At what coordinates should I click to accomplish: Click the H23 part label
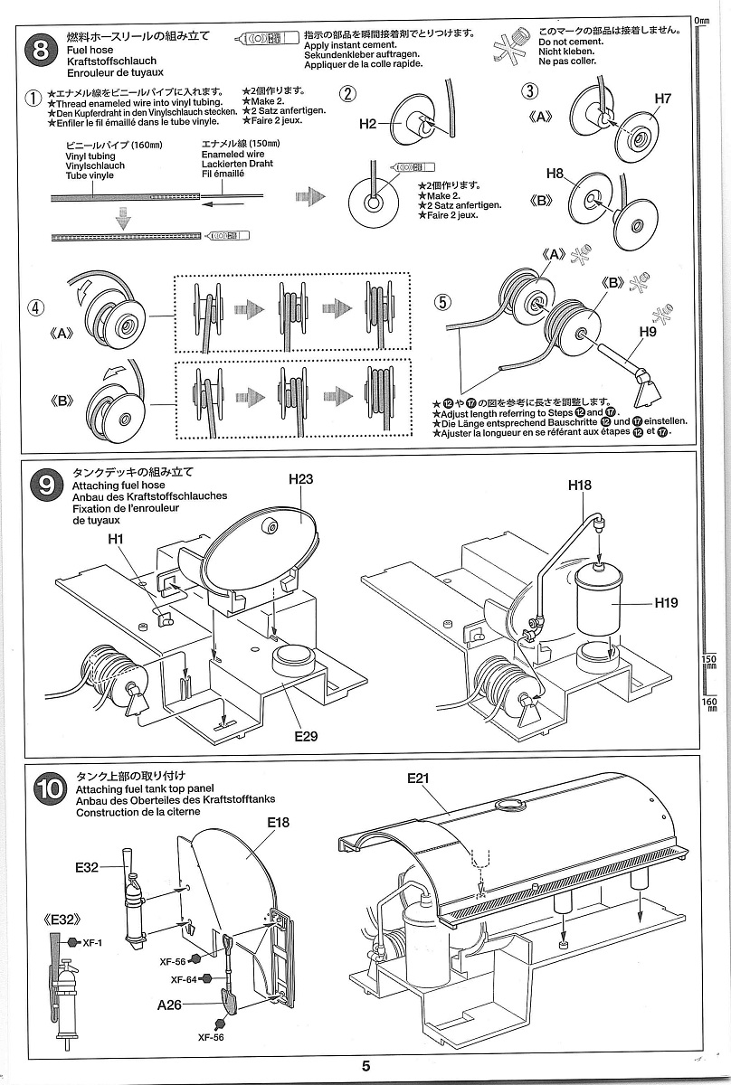tap(300, 478)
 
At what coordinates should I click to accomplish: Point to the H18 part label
tap(580, 486)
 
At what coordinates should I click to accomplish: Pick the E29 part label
tap(306, 736)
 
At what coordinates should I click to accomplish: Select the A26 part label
tap(169, 1005)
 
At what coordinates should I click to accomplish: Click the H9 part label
tap(646, 332)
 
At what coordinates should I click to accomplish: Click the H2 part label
tap(366, 125)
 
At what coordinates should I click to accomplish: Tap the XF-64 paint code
tap(184, 979)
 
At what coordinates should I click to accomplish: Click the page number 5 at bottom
tap(365, 1066)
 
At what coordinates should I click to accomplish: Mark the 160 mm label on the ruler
tap(709, 702)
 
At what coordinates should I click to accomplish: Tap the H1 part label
tap(115, 539)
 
